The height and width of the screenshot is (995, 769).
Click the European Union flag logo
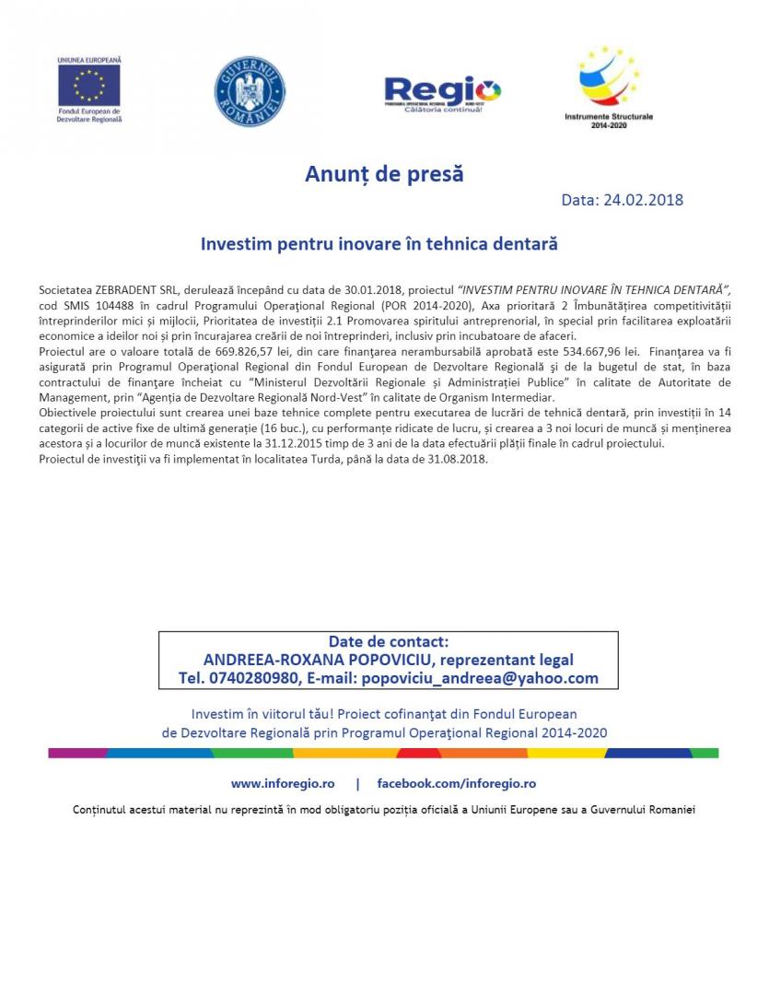[x=89, y=86]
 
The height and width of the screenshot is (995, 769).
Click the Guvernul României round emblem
[x=250, y=91]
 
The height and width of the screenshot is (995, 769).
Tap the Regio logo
[x=442, y=93]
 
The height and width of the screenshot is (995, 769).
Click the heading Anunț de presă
[x=384, y=174]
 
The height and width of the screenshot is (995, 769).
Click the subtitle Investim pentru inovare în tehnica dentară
[x=379, y=244]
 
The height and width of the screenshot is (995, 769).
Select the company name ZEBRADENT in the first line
[x=123, y=289]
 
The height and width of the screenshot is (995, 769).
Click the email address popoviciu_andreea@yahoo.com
[x=480, y=678]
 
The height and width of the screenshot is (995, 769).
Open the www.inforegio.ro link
[x=283, y=784]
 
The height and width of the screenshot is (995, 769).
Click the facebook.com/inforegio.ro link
[x=456, y=784]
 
